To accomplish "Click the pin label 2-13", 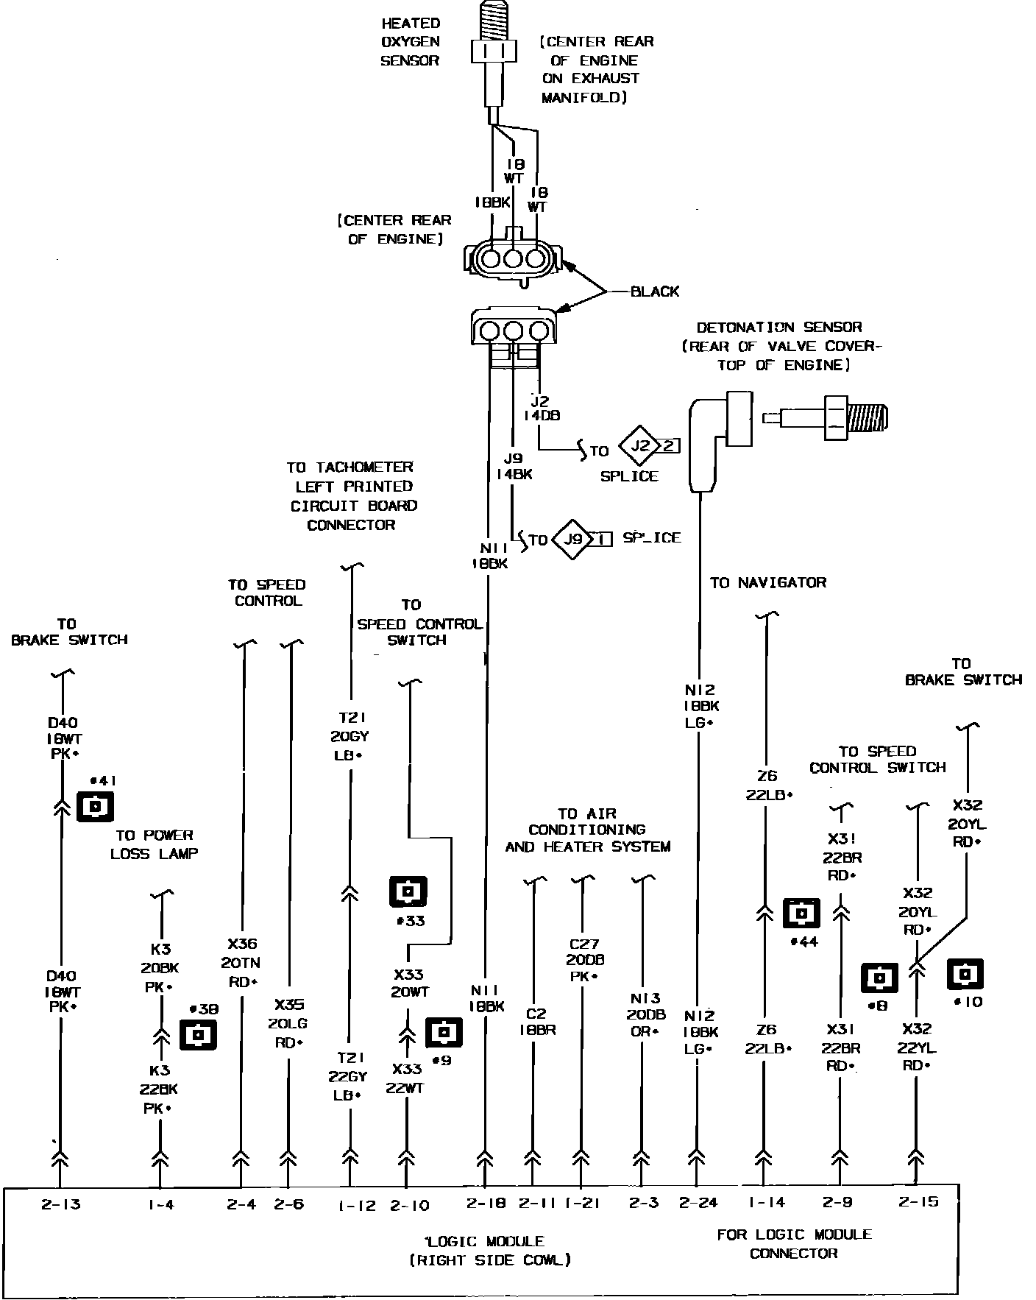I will click(x=60, y=1205).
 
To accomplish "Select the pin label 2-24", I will click(x=697, y=1203).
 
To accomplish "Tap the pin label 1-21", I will click(x=582, y=1204).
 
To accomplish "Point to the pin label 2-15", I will click(x=918, y=1202).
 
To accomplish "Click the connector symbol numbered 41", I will click(x=96, y=807).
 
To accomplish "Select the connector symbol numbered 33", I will click(x=408, y=891).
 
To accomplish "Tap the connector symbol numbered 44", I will click(x=802, y=914).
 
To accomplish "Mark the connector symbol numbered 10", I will click(x=965, y=974).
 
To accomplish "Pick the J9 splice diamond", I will click(x=572, y=540).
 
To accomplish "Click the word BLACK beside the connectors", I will click(x=655, y=292).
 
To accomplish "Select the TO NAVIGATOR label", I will click(x=767, y=582).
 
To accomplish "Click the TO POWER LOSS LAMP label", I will click(x=155, y=844).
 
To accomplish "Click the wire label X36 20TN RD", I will click(x=242, y=962).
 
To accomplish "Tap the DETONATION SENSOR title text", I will click(x=778, y=327).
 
